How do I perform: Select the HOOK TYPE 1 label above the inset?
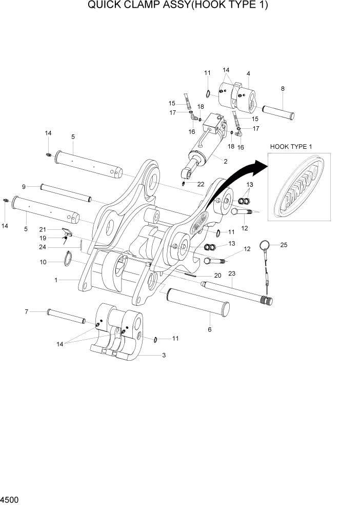click(291, 147)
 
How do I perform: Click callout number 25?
click(284, 245)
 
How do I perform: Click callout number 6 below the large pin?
click(209, 329)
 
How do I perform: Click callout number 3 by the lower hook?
click(163, 355)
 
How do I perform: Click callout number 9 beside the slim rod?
click(24, 186)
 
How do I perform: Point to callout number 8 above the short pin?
click(283, 89)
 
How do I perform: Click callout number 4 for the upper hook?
click(248, 73)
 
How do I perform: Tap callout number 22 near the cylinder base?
click(201, 184)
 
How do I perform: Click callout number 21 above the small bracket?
click(43, 229)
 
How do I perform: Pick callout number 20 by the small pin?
click(217, 276)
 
